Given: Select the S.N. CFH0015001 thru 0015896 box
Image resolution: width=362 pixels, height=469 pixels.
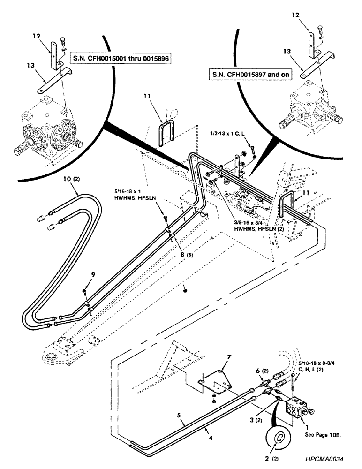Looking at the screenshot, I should click(120, 59).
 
